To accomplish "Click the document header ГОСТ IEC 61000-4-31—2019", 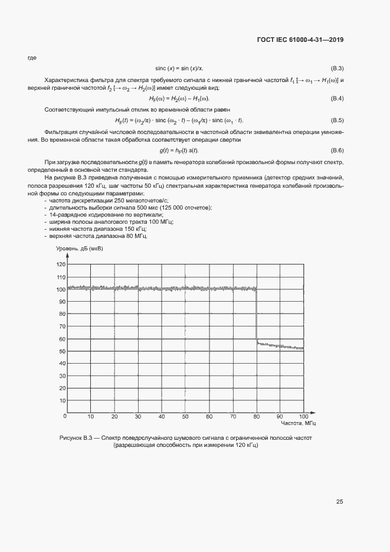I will (x=300, y=40).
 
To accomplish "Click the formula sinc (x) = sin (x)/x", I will (x=183, y=68).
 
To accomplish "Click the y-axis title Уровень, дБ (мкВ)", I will (x=79, y=249).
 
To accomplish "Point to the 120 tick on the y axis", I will (x=61, y=264).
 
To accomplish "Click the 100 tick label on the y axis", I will (x=61, y=289).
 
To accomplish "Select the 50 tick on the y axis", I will (x=62, y=351).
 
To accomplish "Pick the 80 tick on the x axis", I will (x=256, y=417).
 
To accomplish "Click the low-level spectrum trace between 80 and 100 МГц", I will (x=280, y=346).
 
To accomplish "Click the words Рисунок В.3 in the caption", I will (x=78, y=438).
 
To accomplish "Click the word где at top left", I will (x=32, y=57).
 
